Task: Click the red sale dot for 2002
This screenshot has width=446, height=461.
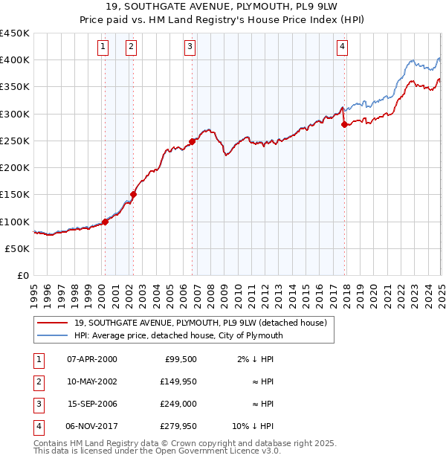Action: (134, 195)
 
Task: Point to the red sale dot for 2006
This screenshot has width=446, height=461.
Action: (193, 141)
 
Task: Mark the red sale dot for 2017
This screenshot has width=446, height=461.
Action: (344, 125)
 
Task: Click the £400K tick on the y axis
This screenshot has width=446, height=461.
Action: (15, 60)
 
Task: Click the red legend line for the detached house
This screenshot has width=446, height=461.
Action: (53, 323)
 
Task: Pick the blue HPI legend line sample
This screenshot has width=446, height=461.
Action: (53, 335)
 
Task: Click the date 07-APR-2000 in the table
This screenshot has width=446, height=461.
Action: (92, 359)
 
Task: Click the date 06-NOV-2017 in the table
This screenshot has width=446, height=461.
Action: (92, 426)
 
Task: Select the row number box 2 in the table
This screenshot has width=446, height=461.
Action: (36, 381)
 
